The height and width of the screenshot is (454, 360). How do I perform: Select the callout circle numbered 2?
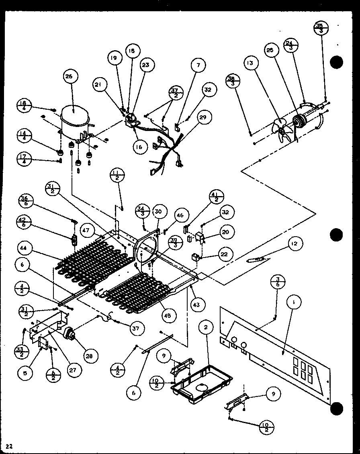click(206, 327)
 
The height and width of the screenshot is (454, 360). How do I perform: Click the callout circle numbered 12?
click(295, 244)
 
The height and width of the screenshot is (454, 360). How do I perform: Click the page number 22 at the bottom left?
click(10, 446)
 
